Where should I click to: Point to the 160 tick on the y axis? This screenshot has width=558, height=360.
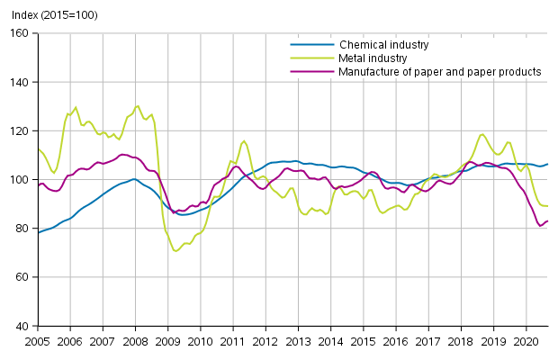point(21,33)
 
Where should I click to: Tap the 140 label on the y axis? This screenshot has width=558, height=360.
point(21,82)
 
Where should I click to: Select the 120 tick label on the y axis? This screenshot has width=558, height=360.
point(21,130)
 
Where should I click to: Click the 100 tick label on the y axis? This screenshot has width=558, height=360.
point(21,180)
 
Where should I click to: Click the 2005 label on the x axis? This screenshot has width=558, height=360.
point(38,342)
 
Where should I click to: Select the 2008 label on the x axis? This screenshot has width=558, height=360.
point(135,342)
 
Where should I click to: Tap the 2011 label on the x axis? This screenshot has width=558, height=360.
point(232,342)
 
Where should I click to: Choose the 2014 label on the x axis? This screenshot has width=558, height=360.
point(330,342)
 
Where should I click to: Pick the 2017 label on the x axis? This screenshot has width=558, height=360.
point(427,342)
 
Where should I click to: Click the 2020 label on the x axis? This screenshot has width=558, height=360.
point(525,342)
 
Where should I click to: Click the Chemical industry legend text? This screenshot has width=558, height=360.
point(383,44)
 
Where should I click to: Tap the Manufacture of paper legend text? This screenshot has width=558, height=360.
point(440,71)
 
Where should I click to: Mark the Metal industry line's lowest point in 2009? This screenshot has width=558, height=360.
point(175,250)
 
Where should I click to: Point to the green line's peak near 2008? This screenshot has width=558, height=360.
point(137,105)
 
